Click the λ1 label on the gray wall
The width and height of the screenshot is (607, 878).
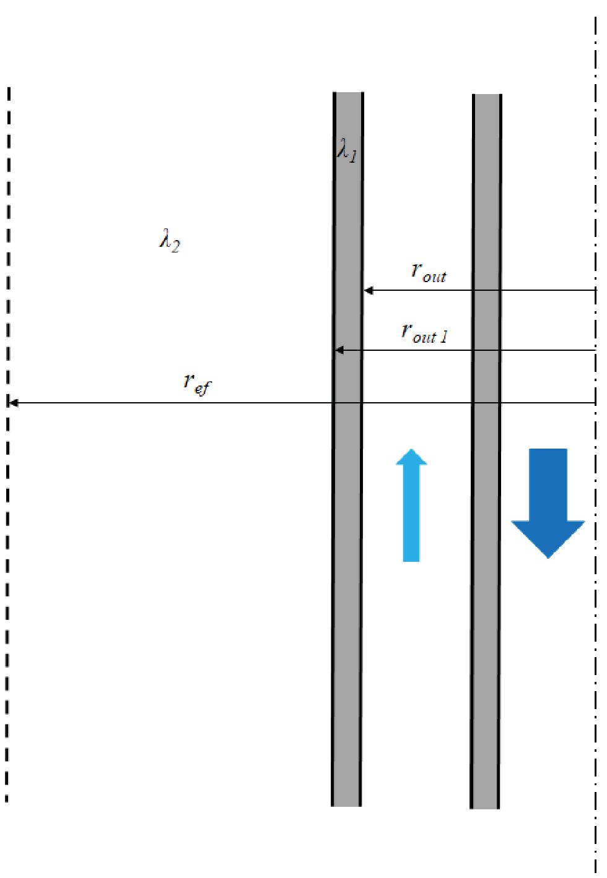pos(347,150)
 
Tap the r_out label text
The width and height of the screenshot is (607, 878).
pos(429,272)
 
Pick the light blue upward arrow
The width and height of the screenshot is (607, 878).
pos(411,505)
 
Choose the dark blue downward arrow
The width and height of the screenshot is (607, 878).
pos(548,501)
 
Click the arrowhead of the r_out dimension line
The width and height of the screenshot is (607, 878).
pos(368,290)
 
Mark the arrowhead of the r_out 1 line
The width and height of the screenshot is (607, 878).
pos(339,350)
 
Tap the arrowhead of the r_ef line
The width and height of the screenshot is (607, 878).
pos(13,403)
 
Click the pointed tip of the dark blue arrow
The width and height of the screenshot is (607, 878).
pos(548,557)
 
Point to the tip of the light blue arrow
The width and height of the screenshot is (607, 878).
pos(411,450)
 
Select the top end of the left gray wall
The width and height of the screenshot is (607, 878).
pos(348,94)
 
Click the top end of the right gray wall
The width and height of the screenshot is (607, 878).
pos(487,96)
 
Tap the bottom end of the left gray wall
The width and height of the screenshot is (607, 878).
pos(347,804)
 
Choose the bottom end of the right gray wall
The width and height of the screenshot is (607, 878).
pos(485,807)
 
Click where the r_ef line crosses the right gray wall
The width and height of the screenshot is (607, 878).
pos(486,403)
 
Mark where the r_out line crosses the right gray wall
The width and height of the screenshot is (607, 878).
pos(486,290)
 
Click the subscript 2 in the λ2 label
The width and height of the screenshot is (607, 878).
pos(175,246)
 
